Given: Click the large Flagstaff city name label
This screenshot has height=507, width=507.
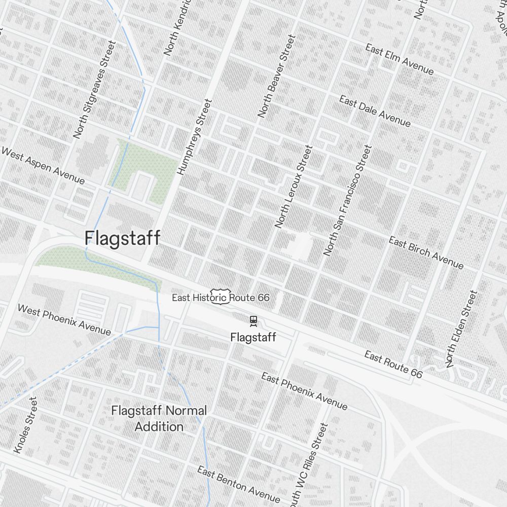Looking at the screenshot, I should point(122,238).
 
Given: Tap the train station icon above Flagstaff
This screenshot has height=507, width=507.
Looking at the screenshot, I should point(253,320).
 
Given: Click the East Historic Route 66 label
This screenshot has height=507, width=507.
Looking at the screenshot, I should point(221,298).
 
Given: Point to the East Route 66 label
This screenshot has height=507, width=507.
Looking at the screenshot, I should point(393,365).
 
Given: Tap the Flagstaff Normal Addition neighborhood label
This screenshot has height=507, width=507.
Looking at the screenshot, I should point(159,418).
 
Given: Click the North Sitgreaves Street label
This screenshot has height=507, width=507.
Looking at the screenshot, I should point(94,90).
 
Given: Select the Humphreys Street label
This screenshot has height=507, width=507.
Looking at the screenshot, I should point(193,137).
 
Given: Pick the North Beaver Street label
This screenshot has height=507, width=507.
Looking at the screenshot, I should point(276,76).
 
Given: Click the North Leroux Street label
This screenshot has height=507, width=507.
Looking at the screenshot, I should point(294,186).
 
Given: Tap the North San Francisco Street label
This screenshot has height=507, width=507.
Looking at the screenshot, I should point(347,200).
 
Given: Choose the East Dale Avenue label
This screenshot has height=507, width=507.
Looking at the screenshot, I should point(375,111).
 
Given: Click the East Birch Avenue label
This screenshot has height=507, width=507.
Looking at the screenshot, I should point(426,252).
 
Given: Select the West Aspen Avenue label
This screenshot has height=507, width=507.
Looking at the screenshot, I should point(43,165).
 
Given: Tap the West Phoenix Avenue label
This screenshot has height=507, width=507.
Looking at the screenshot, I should point(64,319).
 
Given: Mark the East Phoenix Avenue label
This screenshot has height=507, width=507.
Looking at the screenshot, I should point(304,391).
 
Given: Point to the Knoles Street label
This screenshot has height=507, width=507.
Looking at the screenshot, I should point(25,425).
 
